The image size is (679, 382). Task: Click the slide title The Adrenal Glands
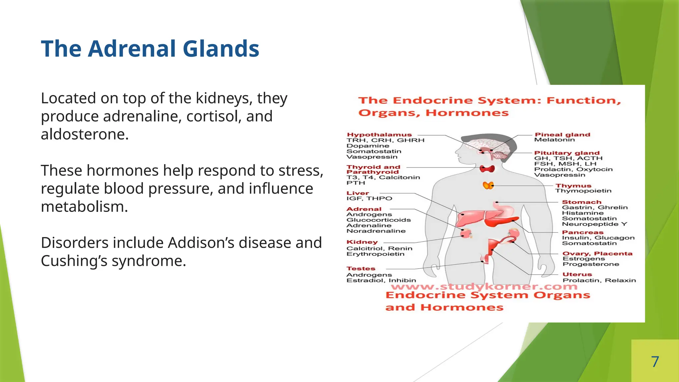pyautogui.click(x=150, y=49)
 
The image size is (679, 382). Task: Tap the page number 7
pyautogui.click(x=655, y=361)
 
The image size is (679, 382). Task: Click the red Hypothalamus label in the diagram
pyautogui.click(x=379, y=135)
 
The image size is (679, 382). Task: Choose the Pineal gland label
pyautogui.click(x=562, y=134)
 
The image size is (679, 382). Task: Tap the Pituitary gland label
pyautogui.click(x=567, y=153)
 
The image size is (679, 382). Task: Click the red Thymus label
pyautogui.click(x=573, y=186)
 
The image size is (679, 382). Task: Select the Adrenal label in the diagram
pyautogui.click(x=364, y=209)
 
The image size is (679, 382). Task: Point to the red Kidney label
pyautogui.click(x=362, y=242)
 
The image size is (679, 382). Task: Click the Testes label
pyautogui.click(x=361, y=269)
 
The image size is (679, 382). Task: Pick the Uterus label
pyautogui.click(x=577, y=275)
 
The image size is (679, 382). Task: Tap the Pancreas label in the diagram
pyautogui.click(x=583, y=232)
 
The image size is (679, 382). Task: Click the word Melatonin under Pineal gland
pyautogui.click(x=554, y=140)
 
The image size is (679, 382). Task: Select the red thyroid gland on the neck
pyautogui.click(x=487, y=169)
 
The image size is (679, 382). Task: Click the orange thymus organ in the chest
pyautogui.click(x=488, y=185)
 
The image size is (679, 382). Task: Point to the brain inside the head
pyautogui.click(x=485, y=146)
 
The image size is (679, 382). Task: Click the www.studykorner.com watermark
pyautogui.click(x=484, y=286)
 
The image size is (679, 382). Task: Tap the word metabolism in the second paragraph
pyautogui.click(x=84, y=207)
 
